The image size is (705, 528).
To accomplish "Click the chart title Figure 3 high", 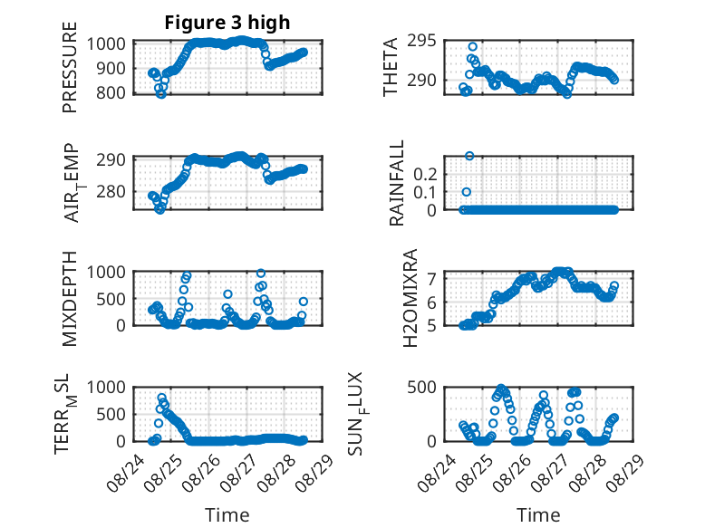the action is point(227,23).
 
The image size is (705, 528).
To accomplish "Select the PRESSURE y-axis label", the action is point(70,67).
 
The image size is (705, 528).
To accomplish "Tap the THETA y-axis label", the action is point(391,67).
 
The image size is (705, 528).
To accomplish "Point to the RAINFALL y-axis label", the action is point(397,183).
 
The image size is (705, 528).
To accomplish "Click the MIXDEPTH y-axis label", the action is point(70,299).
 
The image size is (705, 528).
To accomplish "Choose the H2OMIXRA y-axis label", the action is point(410,298).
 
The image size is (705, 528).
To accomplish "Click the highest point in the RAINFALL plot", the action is point(469,156).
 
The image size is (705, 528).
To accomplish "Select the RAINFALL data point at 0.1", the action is point(467,192).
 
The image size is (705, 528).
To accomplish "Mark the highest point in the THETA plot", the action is point(472,47).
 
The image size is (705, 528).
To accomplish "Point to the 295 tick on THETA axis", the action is point(421,41).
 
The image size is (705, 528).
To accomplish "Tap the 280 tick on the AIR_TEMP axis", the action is point(111,191).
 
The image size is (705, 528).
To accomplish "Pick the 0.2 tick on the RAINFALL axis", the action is point(425,174).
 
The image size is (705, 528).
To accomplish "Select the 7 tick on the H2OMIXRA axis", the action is point(432,280).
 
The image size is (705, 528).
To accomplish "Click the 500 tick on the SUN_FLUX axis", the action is point(421,388).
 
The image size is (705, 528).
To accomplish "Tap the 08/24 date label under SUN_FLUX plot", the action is point(434,472).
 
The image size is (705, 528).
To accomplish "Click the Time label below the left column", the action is point(227,515).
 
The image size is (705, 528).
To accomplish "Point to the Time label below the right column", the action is point(538,515).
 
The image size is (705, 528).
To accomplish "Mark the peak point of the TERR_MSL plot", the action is point(162,398).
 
